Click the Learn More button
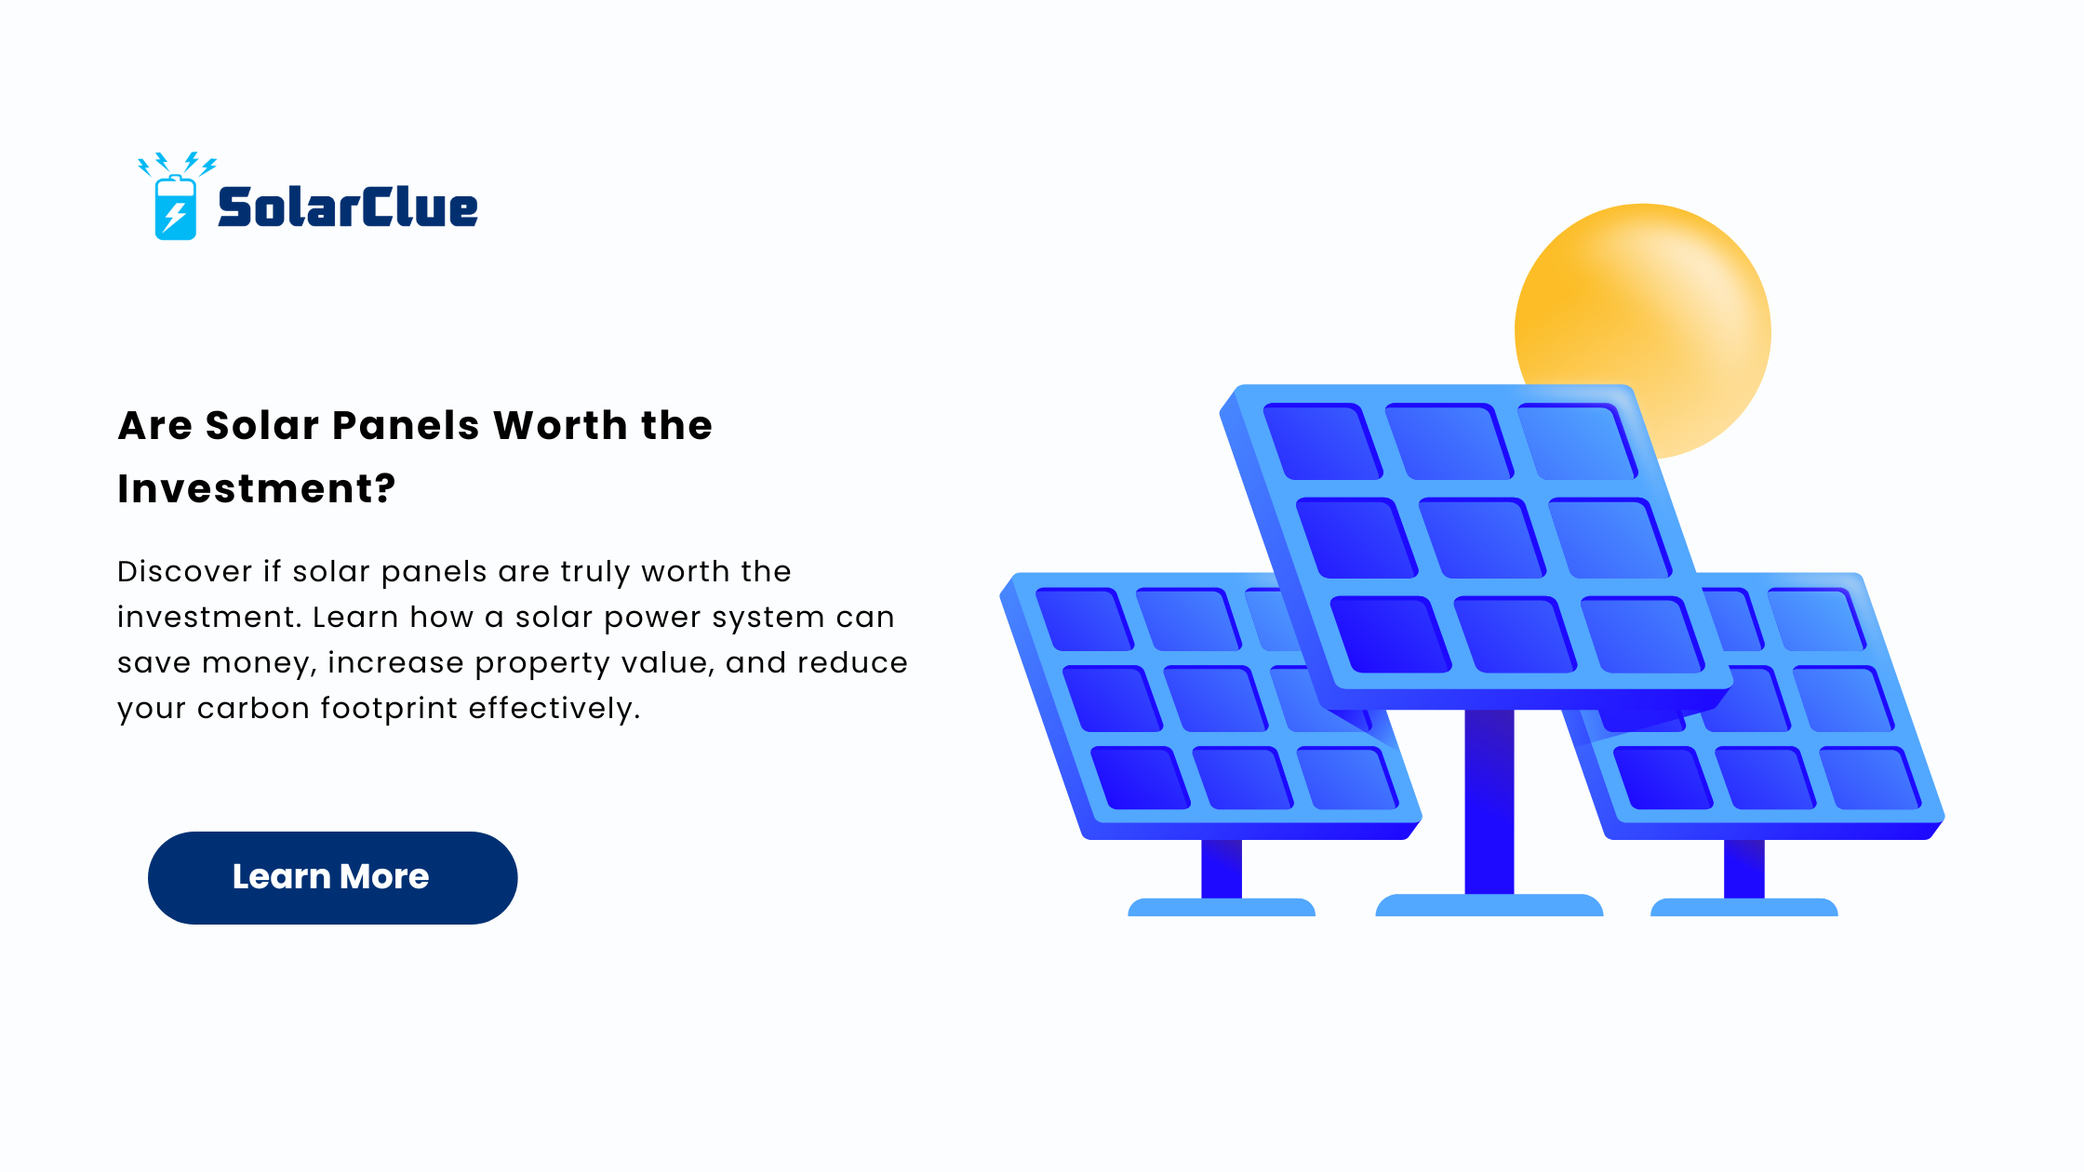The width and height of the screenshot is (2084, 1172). [332, 877]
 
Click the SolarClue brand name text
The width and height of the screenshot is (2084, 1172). [348, 206]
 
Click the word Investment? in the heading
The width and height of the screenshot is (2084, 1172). [257, 488]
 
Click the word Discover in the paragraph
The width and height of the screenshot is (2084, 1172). [184, 571]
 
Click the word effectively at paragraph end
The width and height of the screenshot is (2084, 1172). [554, 709]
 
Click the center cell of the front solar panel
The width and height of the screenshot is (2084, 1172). [1480, 539]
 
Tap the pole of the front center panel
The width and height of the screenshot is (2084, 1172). [1490, 802]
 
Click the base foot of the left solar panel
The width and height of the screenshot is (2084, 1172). [1222, 907]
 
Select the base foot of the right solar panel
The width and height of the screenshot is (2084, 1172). [1744, 907]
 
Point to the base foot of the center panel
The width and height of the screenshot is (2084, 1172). [1490, 905]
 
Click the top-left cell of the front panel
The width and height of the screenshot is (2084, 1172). [1322, 441]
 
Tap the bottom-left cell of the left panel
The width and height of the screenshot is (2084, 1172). [1140, 778]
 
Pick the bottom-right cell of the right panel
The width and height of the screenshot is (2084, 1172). [1869, 778]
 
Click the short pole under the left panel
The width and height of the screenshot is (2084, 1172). [1222, 869]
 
